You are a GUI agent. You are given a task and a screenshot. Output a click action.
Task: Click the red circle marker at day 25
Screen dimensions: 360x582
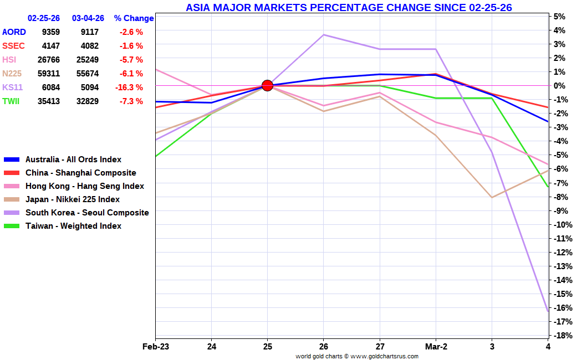click(x=267, y=85)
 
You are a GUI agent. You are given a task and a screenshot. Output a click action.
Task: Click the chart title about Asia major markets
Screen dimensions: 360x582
click(x=349, y=7)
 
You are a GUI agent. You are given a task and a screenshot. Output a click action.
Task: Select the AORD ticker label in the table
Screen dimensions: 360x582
click(x=14, y=32)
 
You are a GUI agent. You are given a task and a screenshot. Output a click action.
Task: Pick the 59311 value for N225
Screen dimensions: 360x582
click(x=49, y=74)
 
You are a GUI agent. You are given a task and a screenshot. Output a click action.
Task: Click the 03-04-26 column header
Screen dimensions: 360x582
click(x=88, y=18)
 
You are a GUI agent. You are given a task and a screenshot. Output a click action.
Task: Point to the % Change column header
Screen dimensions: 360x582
click(x=134, y=18)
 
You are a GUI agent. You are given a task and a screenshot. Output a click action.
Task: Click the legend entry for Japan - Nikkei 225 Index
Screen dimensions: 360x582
click(x=72, y=199)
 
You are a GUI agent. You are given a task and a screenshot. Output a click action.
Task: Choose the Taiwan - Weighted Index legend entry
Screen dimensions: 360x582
click(x=73, y=226)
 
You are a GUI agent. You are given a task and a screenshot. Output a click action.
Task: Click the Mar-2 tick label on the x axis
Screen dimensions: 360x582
click(x=436, y=347)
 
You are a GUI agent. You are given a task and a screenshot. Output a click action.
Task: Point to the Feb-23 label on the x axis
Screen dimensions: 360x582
click(x=155, y=347)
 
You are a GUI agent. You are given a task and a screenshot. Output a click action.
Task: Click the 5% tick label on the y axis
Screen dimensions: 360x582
click(x=559, y=17)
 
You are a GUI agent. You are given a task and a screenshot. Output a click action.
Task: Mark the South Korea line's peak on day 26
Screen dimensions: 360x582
click(x=324, y=35)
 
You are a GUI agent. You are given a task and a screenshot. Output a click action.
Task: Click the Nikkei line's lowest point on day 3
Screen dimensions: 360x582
click(x=492, y=197)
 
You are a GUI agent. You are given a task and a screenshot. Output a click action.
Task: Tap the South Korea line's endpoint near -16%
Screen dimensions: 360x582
click(x=548, y=311)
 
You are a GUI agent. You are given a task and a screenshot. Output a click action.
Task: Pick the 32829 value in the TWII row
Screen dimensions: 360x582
click(x=88, y=101)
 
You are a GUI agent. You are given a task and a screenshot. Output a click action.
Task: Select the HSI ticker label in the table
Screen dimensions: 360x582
click(x=10, y=60)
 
